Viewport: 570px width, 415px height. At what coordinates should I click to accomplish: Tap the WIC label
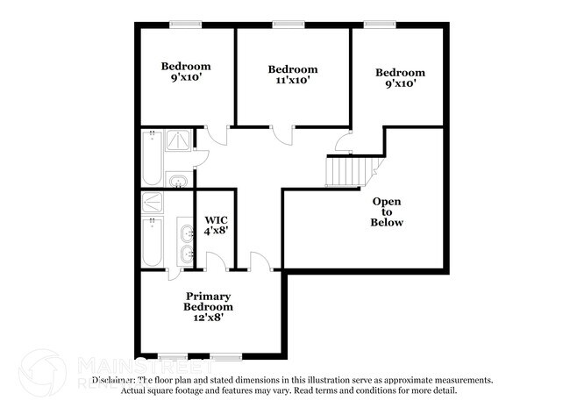(x=216, y=220)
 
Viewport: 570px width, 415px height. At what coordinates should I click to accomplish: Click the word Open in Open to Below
(x=387, y=201)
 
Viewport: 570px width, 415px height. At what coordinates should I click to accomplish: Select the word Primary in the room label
(x=208, y=297)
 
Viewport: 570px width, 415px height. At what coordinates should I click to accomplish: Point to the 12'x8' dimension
(x=208, y=318)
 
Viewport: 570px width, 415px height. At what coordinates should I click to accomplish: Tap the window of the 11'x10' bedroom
(x=283, y=25)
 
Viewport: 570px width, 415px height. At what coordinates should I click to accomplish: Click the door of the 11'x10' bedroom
(x=281, y=134)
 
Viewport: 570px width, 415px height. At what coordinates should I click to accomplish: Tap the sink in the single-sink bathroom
(x=178, y=182)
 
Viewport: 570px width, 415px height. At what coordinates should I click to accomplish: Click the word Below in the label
(x=387, y=223)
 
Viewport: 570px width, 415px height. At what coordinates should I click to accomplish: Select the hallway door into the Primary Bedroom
(x=259, y=261)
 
